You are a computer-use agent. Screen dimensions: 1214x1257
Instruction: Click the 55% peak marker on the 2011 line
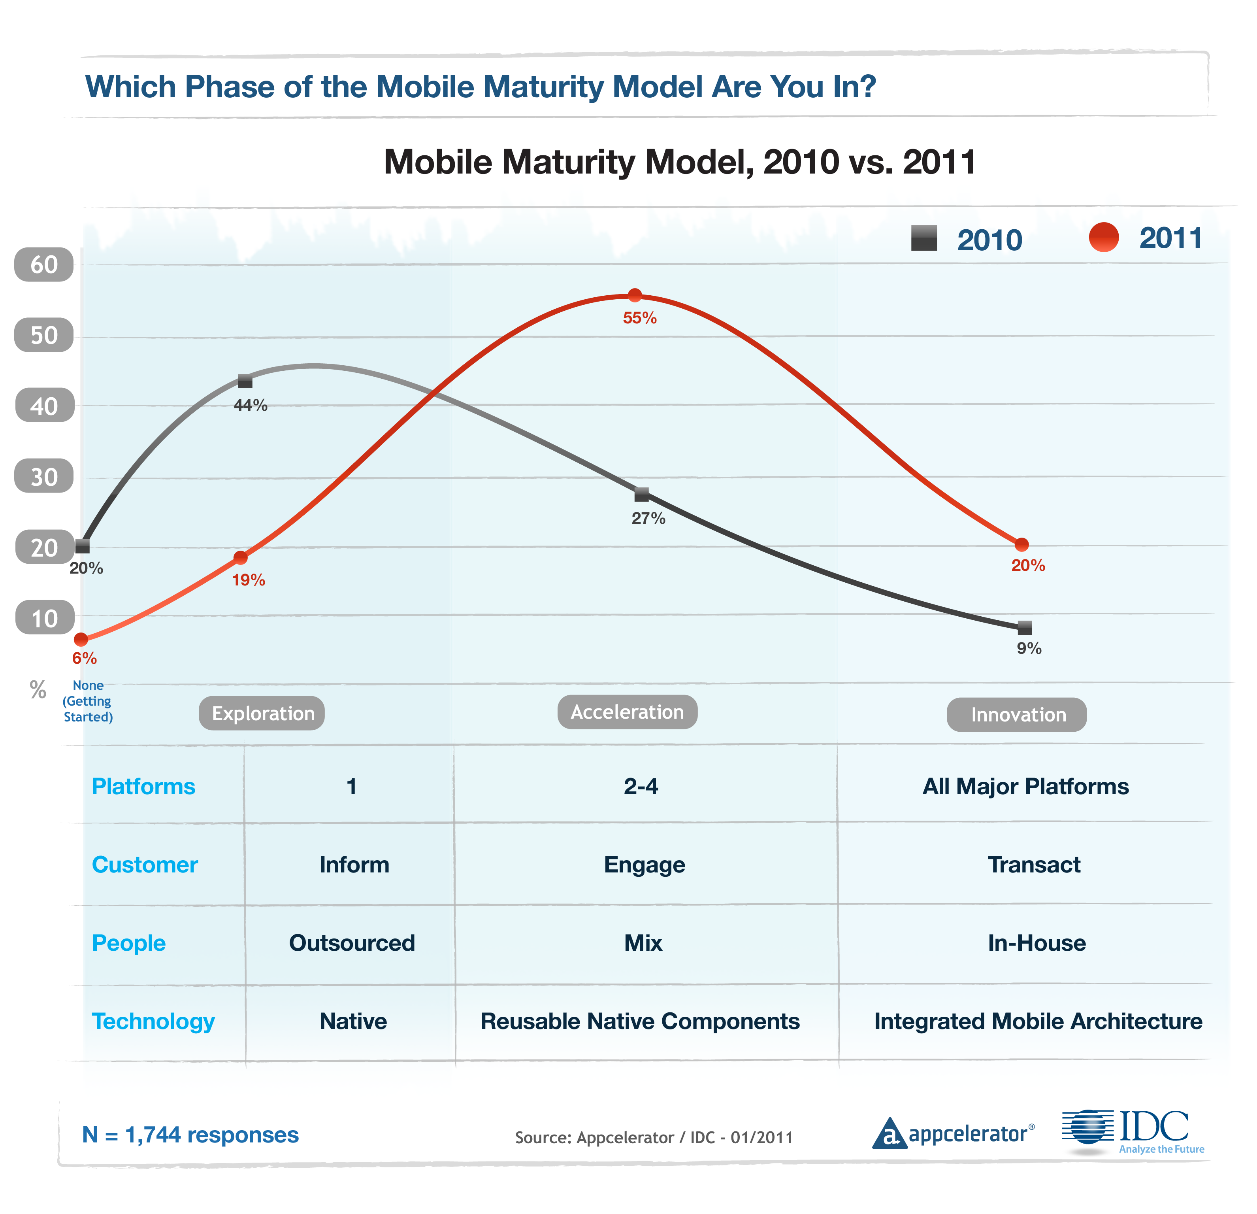tap(634, 295)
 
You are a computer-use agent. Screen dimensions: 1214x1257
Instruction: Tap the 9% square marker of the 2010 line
tap(1025, 627)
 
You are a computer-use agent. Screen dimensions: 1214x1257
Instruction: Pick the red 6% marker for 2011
tap(81, 640)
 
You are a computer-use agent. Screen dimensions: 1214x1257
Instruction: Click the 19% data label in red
tap(248, 580)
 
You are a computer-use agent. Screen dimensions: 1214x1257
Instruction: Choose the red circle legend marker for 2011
tap(1104, 238)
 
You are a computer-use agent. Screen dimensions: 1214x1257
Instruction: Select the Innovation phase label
tap(1017, 715)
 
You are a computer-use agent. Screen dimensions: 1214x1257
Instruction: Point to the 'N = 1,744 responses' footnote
tap(190, 1135)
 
